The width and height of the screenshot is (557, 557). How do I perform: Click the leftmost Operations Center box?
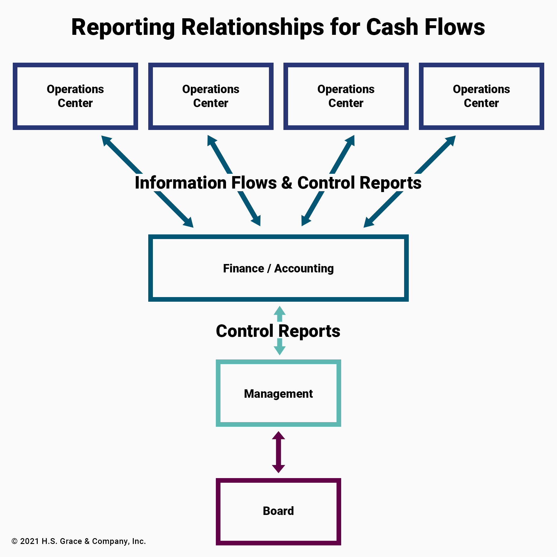[x=75, y=96]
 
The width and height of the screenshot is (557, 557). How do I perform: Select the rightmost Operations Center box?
[x=481, y=96]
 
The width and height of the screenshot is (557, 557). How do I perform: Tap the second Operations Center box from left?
[x=211, y=96]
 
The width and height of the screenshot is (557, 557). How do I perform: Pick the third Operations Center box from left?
[x=346, y=96]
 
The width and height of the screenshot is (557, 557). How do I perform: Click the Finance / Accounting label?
[x=278, y=268]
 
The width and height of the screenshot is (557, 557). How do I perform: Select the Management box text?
[x=278, y=394]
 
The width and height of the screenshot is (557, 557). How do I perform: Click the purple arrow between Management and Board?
[x=278, y=452]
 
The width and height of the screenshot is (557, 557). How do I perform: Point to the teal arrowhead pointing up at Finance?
[x=280, y=311]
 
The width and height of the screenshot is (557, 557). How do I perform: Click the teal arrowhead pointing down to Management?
[x=280, y=350]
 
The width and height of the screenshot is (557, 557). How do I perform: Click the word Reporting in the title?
[x=123, y=28]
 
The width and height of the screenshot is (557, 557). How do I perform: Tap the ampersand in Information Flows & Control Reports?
[x=287, y=183]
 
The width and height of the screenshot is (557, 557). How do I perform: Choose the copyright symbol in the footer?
[x=15, y=541]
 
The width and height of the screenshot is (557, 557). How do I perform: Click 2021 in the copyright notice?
[x=30, y=541]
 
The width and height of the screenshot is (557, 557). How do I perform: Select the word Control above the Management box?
[x=245, y=331]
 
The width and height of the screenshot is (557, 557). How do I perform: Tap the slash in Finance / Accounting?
[x=269, y=269]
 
